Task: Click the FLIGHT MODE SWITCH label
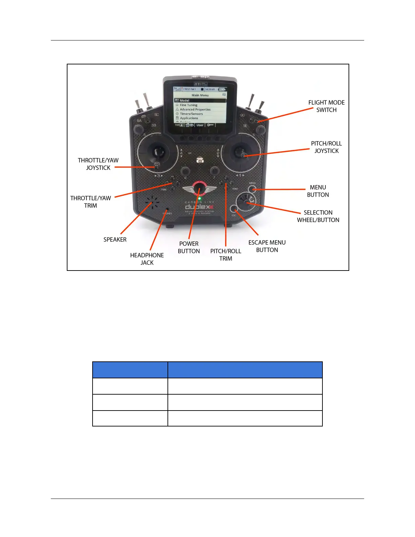pyautogui.click(x=326, y=106)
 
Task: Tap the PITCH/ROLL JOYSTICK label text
pyautogui.click(x=326, y=147)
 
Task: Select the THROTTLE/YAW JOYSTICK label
pyautogui.click(x=98, y=164)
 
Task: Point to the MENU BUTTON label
pyautogui.click(x=318, y=191)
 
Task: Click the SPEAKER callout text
pyautogui.click(x=115, y=240)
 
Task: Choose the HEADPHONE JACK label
pyautogui.click(x=147, y=259)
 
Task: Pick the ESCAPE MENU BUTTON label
pyautogui.click(x=267, y=246)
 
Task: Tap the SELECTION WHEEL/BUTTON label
pyautogui.click(x=318, y=216)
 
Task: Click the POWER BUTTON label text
pyautogui.click(x=189, y=247)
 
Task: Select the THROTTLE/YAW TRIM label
pyautogui.click(x=91, y=202)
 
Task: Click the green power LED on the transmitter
pyautogui.click(x=200, y=198)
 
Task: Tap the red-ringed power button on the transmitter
pyautogui.click(x=200, y=188)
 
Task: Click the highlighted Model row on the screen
pyautogui.click(x=200, y=100)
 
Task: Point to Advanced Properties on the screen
pyautogui.click(x=195, y=110)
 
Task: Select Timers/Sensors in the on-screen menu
pyautogui.click(x=191, y=114)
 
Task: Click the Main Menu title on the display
pyautogui.click(x=200, y=95)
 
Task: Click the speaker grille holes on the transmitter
pyautogui.click(x=152, y=202)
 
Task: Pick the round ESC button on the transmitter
pyautogui.click(x=234, y=209)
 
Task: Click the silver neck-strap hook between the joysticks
pyautogui.click(x=200, y=160)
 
